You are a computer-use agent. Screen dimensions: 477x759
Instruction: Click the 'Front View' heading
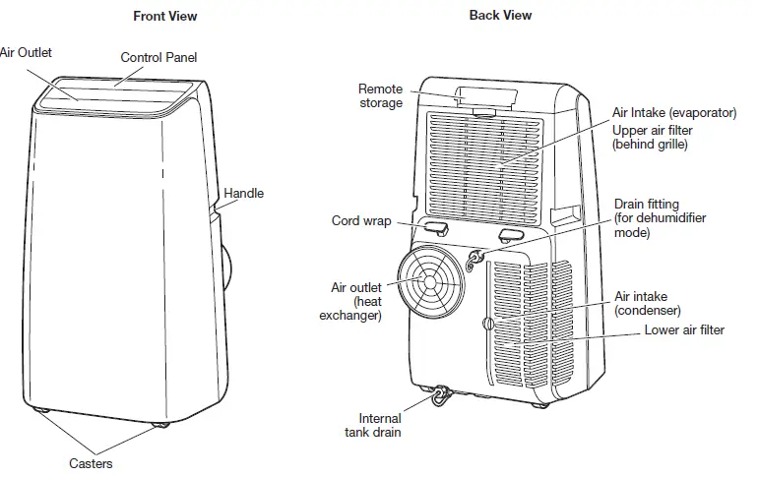(x=164, y=16)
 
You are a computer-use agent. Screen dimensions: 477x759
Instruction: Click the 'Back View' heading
(x=500, y=16)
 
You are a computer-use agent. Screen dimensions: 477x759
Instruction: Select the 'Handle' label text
(x=243, y=194)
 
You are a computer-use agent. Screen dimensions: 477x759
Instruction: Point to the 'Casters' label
(x=90, y=463)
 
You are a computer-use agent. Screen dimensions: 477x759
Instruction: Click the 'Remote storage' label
(x=380, y=95)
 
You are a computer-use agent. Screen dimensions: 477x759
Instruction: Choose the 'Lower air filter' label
(x=684, y=330)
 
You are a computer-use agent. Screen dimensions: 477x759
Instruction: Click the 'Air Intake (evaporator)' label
(x=673, y=113)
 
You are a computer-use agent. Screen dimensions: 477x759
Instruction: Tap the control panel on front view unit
(x=123, y=92)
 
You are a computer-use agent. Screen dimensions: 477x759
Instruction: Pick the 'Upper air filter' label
(x=652, y=137)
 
